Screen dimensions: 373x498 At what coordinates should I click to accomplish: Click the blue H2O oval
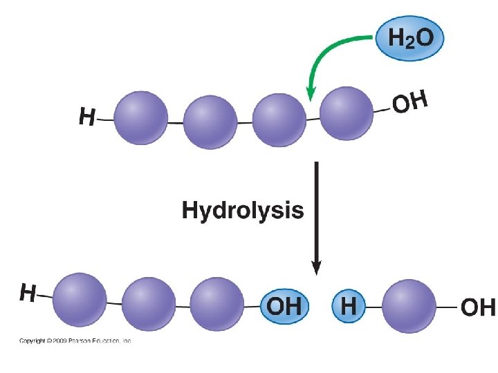[409, 38]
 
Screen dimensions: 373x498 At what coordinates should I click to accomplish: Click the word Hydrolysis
[242, 210]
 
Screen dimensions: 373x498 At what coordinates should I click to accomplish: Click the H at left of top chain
[86, 118]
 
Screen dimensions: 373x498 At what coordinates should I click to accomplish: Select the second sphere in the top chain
[210, 122]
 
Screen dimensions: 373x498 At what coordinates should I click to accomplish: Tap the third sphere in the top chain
[279, 119]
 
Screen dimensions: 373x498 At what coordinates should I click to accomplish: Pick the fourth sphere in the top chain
[346, 113]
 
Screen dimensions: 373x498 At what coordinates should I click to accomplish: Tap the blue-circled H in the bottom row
[349, 306]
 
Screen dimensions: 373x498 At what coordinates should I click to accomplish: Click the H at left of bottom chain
[27, 293]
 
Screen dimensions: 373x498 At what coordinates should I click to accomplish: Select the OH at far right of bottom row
[478, 306]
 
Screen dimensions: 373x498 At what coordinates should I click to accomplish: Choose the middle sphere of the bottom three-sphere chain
[149, 303]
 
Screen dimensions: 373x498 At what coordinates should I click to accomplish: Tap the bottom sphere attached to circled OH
[217, 303]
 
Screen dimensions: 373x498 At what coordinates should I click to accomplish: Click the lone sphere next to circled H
[409, 305]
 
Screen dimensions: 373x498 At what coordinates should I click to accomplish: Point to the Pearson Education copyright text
[75, 341]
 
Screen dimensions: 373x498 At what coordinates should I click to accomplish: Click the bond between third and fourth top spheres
[313, 118]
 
